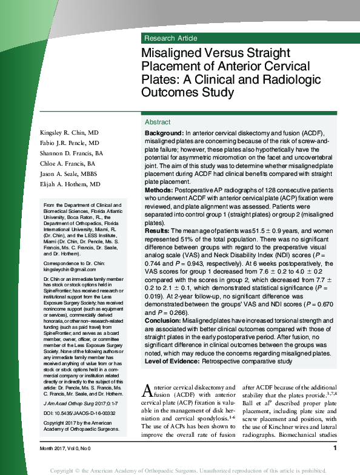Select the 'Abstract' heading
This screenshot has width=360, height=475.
(158, 122)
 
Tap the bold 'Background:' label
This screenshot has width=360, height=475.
(164, 133)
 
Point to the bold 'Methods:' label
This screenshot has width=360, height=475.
(159, 190)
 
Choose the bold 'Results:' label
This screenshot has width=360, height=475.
(158, 232)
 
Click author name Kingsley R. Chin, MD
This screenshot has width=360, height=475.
(69, 132)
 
